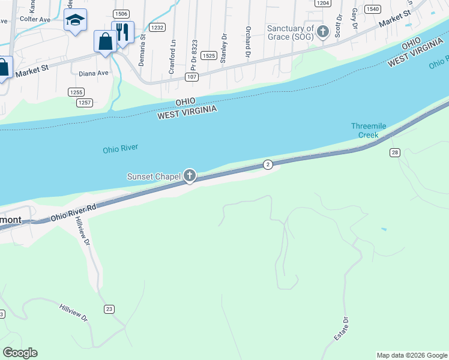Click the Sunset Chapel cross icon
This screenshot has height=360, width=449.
pyautogui.click(x=190, y=176)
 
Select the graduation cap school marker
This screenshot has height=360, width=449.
pyautogui.click(x=75, y=20)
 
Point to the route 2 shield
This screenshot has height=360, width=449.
pyautogui.click(x=268, y=164)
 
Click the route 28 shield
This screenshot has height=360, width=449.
pyautogui.click(x=394, y=152)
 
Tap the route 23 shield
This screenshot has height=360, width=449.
pyautogui.click(x=109, y=309)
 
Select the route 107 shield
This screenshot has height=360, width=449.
pyautogui.click(x=192, y=77)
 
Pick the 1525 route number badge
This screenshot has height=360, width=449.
pyautogui.click(x=209, y=55)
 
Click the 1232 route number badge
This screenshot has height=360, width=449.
pyautogui.click(x=157, y=28)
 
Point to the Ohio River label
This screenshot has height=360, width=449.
pyautogui.click(x=121, y=149)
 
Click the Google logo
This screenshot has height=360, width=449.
pyautogui.click(x=20, y=353)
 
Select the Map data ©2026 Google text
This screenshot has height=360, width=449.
pyautogui.click(x=412, y=355)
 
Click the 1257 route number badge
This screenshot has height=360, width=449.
pyautogui.click(x=84, y=103)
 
